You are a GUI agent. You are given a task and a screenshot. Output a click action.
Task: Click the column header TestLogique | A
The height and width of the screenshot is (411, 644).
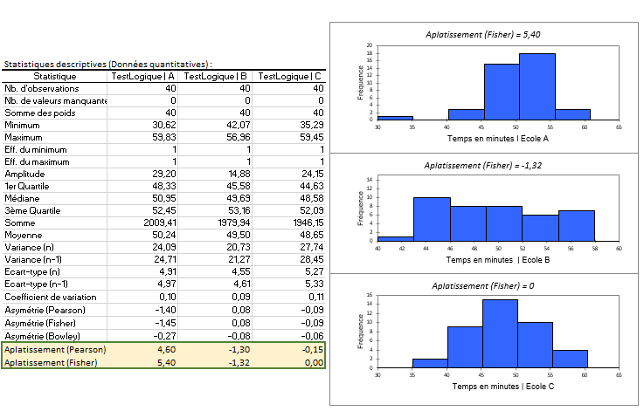(x=143, y=77)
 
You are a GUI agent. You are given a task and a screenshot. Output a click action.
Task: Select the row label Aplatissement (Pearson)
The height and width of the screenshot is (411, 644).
(x=55, y=348)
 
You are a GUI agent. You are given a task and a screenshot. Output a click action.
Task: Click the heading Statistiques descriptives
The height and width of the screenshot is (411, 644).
(x=107, y=65)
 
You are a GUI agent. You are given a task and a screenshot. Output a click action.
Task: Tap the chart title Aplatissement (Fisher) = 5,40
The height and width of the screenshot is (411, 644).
(x=484, y=34)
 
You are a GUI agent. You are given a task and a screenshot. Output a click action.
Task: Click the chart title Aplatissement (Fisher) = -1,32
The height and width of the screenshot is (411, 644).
(x=484, y=165)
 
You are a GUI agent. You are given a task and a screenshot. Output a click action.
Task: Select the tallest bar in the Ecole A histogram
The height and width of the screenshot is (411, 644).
(x=537, y=86)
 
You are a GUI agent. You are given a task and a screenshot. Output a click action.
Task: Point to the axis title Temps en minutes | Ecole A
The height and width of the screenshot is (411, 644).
(x=496, y=138)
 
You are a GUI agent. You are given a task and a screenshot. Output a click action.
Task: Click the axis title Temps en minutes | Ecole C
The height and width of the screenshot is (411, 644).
(x=496, y=387)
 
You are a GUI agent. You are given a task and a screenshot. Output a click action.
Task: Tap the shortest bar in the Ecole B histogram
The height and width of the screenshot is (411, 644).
(x=395, y=238)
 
